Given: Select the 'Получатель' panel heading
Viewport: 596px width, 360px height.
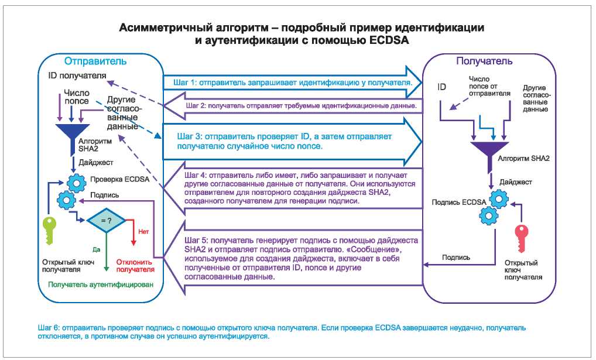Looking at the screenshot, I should pos(484,61).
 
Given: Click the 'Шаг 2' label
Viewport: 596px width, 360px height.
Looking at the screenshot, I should pos(196,106).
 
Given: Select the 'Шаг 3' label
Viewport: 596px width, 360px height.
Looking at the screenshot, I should pos(189,136).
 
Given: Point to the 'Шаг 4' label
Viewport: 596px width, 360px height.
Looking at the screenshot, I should pos(196,175).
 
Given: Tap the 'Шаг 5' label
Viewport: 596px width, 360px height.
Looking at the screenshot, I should pos(196,241).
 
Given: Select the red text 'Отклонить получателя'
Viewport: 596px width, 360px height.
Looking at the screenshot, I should pos(136,266).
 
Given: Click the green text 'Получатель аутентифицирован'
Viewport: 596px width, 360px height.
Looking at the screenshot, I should pos(100,285).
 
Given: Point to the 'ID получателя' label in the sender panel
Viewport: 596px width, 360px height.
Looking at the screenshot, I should pos(77,76).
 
